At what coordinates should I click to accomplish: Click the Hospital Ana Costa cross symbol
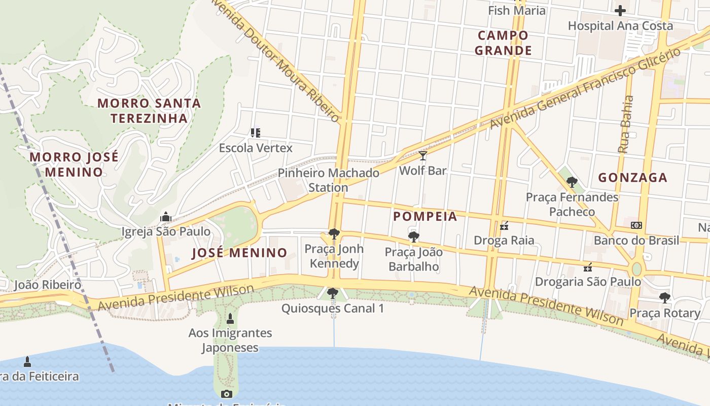620,10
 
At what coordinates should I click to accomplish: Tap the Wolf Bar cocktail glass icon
423,155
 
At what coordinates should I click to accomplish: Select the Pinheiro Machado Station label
329,180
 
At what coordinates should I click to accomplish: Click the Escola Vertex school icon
256,133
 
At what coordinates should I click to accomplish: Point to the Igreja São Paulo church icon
165,217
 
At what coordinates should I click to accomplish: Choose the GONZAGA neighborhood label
632,178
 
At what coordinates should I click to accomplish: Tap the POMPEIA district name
425,217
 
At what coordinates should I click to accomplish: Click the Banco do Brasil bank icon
636,225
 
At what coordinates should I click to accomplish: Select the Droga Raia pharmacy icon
504,225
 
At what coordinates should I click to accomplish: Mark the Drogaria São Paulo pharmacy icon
588,267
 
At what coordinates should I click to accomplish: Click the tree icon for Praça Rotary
665,298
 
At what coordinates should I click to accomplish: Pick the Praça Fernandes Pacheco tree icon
572,182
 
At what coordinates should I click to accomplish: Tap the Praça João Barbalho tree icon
413,236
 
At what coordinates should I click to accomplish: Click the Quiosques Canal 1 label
333,309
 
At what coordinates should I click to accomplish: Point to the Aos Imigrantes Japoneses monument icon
230,319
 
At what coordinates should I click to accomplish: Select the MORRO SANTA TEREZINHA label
149,111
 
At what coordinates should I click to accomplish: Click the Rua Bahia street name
626,124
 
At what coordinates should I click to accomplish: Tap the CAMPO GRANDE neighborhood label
503,43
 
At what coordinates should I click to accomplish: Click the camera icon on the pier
227,394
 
